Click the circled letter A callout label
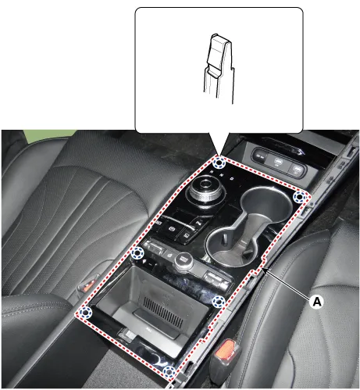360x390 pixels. pyautogui.click(x=317, y=302)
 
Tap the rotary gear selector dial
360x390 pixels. pyautogui.click(x=205, y=190)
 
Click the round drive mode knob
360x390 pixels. pyautogui.click(x=184, y=261)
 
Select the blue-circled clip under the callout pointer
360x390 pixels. pyautogui.click(x=219, y=163)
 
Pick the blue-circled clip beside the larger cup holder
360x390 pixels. pyautogui.click(x=299, y=197)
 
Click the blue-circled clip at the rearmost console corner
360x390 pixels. pyautogui.click(x=169, y=372)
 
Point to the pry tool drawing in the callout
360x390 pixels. pyautogui.click(x=219, y=68)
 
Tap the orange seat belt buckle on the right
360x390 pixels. pyautogui.click(x=225, y=349)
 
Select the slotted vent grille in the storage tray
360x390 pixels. pyautogui.click(x=163, y=313)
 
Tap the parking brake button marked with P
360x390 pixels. pyautogui.click(x=172, y=229)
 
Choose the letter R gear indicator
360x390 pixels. pyautogui.click(x=212, y=172)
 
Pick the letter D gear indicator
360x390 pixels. pyautogui.click(x=232, y=178)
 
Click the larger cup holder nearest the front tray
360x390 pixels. pyautogui.click(x=266, y=206)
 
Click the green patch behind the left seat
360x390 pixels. pyautogui.click(x=49, y=136)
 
